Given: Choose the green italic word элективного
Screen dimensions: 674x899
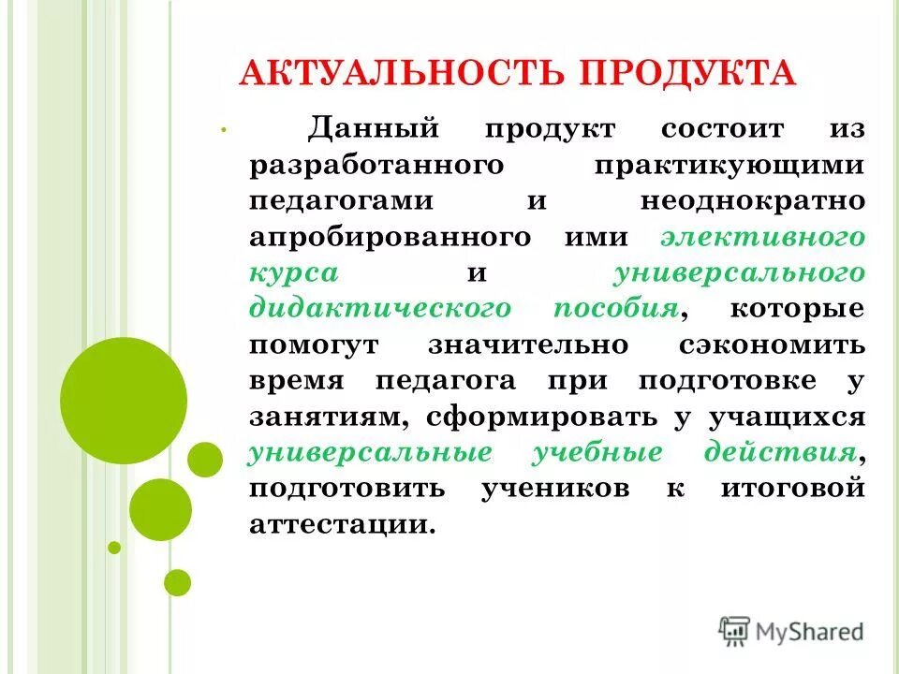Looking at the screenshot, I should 761,237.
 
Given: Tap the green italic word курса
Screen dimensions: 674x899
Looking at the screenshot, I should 294,272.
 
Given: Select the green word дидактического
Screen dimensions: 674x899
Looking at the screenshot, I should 380,308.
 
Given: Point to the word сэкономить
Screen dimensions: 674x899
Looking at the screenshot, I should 772,344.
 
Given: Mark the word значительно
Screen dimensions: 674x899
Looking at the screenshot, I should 528,344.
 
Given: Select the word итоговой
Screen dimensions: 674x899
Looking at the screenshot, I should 791,489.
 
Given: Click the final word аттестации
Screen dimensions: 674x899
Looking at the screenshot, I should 342,524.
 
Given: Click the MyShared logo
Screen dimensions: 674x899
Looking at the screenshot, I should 790,631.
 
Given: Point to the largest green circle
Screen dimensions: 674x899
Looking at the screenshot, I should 124,400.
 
